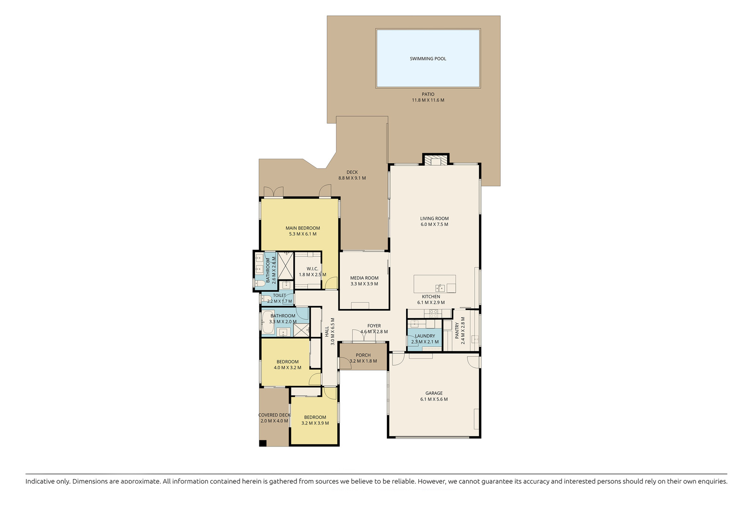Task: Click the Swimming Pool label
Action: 428,59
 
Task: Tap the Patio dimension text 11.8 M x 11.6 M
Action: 428,100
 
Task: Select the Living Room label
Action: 434,218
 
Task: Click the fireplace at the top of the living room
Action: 436,159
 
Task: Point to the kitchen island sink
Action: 440,287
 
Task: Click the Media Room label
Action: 364,278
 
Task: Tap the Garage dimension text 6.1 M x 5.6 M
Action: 434,399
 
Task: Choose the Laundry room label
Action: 425,336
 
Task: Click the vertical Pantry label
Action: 457,331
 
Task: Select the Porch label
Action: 363,355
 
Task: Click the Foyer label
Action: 374,326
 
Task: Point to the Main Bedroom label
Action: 303,228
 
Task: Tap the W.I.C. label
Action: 312,269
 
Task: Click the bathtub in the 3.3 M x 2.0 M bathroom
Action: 268,322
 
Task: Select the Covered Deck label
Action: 274,415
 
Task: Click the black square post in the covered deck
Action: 263,443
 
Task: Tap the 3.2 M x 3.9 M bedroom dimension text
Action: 315,423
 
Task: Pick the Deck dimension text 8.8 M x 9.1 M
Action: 352,178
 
